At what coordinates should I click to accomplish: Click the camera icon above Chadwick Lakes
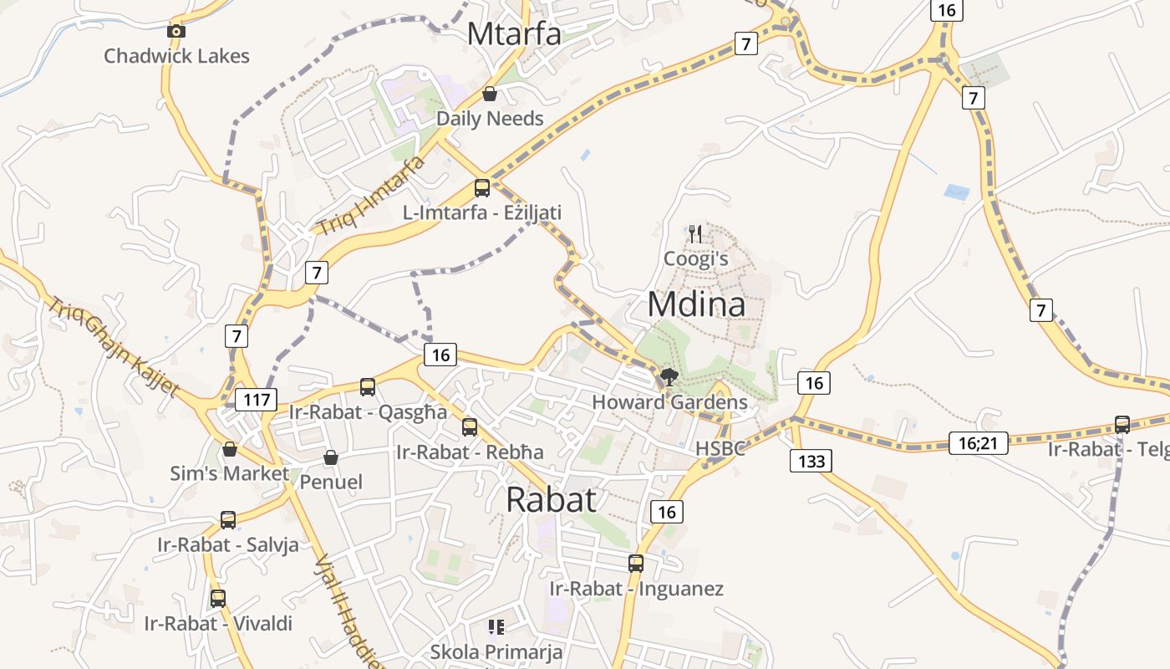click(176, 32)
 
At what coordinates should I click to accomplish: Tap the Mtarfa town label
click(513, 34)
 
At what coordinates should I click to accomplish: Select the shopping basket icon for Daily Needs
click(490, 94)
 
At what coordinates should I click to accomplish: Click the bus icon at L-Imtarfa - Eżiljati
click(481, 187)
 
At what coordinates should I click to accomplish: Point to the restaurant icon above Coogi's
click(695, 233)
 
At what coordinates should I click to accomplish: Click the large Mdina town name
click(696, 304)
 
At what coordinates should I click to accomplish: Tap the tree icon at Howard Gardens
click(669, 376)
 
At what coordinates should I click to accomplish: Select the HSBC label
click(720, 449)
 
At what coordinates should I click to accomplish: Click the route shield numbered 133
click(811, 461)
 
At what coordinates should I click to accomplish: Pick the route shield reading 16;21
click(979, 443)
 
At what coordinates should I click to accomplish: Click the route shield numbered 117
click(256, 400)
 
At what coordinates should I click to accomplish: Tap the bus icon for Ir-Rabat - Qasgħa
click(368, 387)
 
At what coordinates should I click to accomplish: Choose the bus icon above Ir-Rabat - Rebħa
click(470, 427)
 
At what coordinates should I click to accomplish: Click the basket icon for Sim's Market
click(230, 449)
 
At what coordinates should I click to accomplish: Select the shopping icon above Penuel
click(331, 457)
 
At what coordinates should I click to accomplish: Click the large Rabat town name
click(552, 499)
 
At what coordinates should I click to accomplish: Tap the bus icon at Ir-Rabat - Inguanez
click(636, 564)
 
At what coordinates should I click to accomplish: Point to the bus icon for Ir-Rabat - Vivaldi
click(218, 599)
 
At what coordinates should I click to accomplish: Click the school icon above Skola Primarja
click(496, 626)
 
